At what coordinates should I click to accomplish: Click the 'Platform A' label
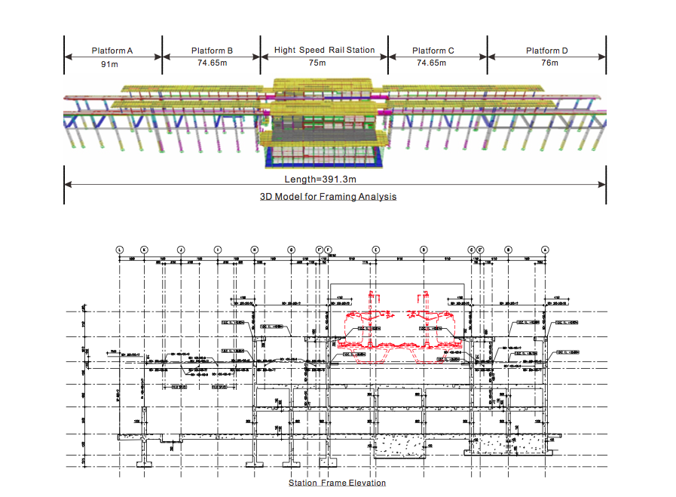[x=112, y=51]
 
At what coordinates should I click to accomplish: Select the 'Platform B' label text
[x=213, y=51]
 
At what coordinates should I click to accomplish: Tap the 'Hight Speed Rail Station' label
[x=324, y=50]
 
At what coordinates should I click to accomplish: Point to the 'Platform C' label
[x=433, y=51]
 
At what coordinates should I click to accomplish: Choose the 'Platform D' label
[x=547, y=51]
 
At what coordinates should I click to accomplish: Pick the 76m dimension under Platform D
[x=549, y=63]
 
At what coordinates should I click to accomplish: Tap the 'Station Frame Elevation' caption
[x=337, y=483]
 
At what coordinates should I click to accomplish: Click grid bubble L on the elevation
[x=119, y=249]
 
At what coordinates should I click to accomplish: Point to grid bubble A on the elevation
[x=545, y=249]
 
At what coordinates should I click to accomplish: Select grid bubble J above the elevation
[x=181, y=249]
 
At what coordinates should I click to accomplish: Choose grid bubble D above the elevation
[x=423, y=249]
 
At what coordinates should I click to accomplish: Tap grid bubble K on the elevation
[x=144, y=249]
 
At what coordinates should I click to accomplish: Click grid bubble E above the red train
[x=376, y=249]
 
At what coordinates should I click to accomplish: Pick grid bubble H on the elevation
[x=255, y=249]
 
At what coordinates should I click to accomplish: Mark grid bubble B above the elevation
[x=509, y=249]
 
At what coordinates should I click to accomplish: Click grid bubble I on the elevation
[x=218, y=249]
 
